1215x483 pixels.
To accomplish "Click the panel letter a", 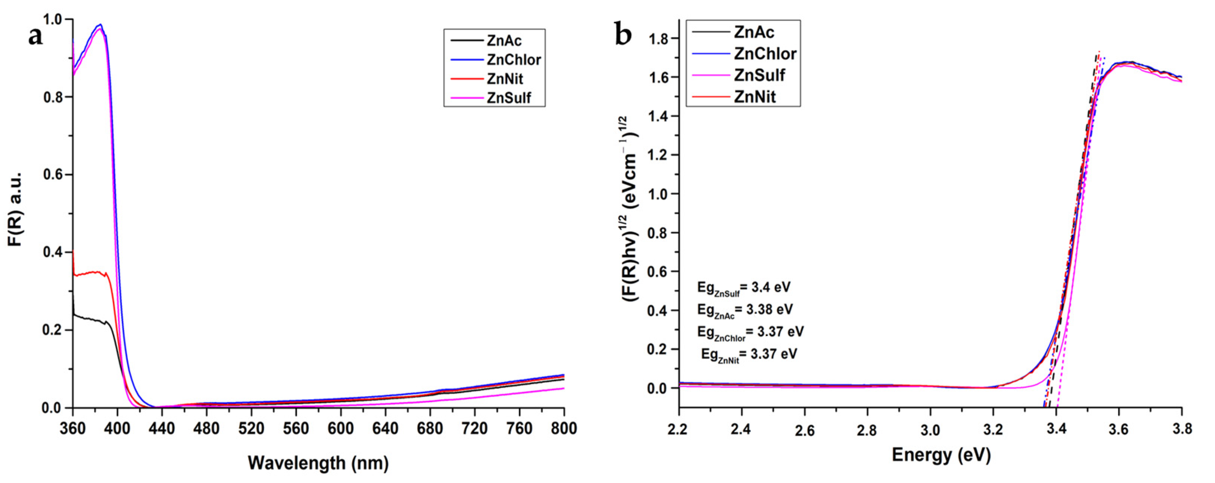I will pos(36,36).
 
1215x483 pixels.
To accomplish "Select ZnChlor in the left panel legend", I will pos(513,60).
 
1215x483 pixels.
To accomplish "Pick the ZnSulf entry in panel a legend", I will pos(509,98).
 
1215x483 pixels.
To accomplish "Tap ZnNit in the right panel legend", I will pos(755,97).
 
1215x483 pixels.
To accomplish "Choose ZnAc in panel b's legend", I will pos(754,32).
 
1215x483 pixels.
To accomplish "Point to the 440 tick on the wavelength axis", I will pos(162,429).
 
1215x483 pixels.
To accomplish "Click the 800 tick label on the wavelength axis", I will pos(564,429).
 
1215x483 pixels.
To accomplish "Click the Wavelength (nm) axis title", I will pos(318,463).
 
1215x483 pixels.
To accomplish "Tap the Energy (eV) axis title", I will pos(941,455).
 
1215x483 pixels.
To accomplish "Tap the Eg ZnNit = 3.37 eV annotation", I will pos(749,355).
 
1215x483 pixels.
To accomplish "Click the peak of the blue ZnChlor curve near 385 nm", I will pos(100,25).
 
